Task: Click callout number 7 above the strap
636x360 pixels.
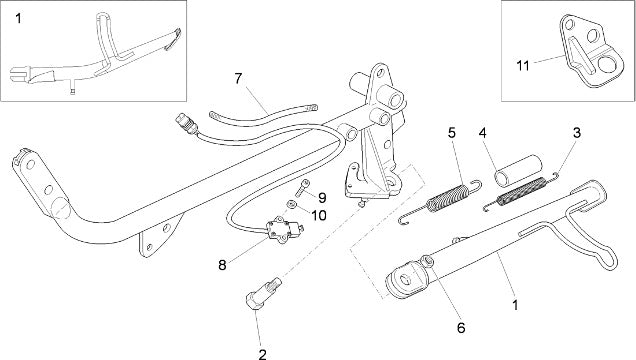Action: (238, 78)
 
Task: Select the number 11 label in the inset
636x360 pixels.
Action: (523, 65)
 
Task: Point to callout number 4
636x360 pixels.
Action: (482, 133)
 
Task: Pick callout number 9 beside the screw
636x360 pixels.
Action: (461, 328)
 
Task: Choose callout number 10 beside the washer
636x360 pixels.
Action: (319, 215)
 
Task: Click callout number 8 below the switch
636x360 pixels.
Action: (222, 265)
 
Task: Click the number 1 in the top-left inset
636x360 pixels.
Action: (18, 18)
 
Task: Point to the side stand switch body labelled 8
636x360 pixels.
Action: (284, 229)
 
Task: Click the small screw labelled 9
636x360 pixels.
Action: (302, 188)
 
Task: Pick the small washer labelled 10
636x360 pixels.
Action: (290, 204)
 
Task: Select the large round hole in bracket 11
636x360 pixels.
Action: (607, 64)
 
